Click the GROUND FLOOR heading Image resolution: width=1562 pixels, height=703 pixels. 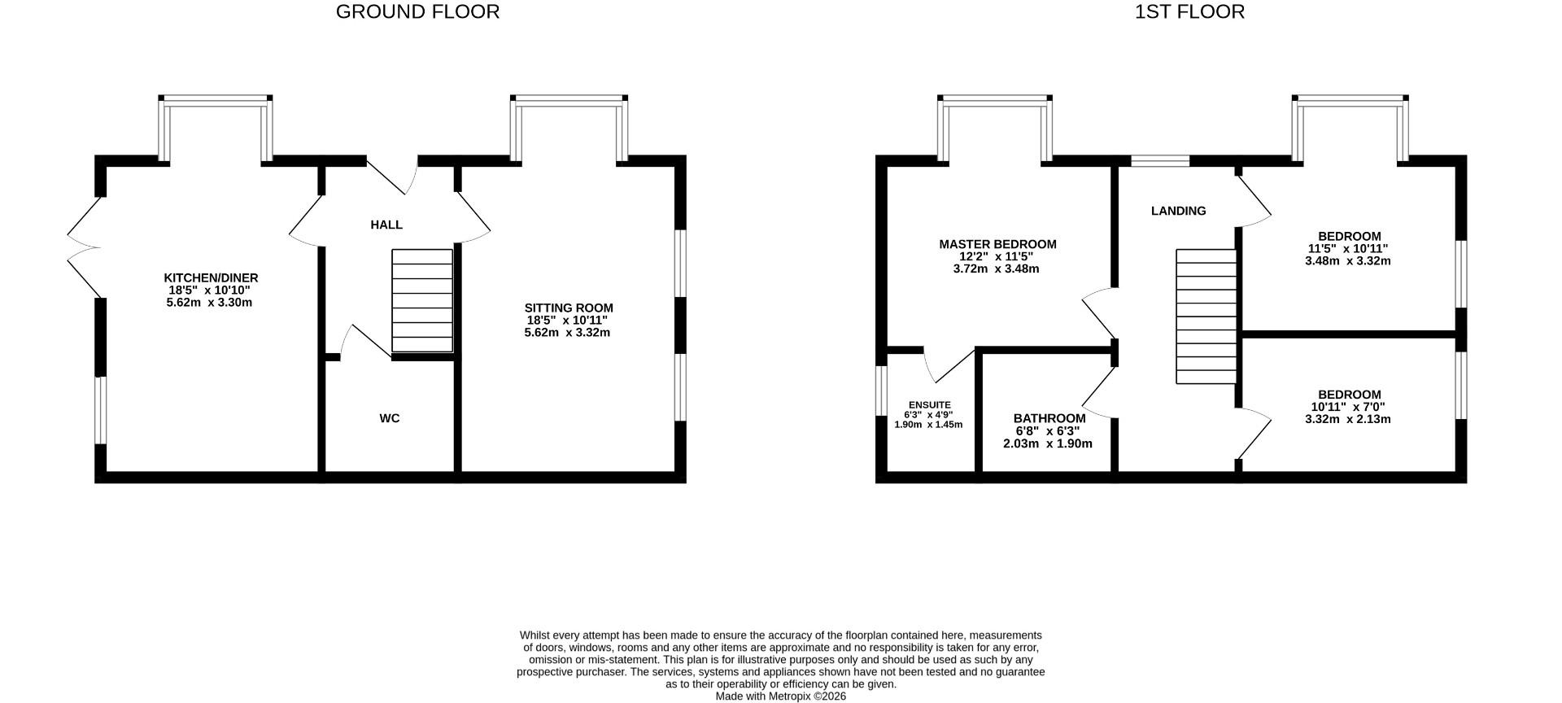click(x=417, y=12)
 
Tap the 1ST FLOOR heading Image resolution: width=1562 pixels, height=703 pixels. click(x=1189, y=12)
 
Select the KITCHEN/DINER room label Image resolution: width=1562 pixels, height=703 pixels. click(x=211, y=278)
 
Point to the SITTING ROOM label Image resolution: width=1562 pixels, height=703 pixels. click(x=569, y=308)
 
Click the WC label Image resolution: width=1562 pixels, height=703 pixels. click(x=390, y=419)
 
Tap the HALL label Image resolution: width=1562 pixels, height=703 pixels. click(x=386, y=225)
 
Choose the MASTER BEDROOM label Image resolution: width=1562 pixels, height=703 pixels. click(x=997, y=244)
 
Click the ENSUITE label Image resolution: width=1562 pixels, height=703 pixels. click(x=929, y=405)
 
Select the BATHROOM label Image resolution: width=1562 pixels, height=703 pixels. click(x=1049, y=419)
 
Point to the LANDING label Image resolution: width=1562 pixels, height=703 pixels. click(x=1178, y=212)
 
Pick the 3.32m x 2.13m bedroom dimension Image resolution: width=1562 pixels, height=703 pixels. click(x=1348, y=420)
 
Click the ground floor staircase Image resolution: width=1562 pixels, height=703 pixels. click(x=422, y=301)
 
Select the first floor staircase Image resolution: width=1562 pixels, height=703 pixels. click(x=1206, y=317)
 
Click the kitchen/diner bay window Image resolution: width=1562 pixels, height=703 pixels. click(x=216, y=129)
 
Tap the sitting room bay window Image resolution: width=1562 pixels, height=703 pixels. click(x=569, y=129)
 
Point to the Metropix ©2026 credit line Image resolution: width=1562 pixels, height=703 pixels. click(x=780, y=696)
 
